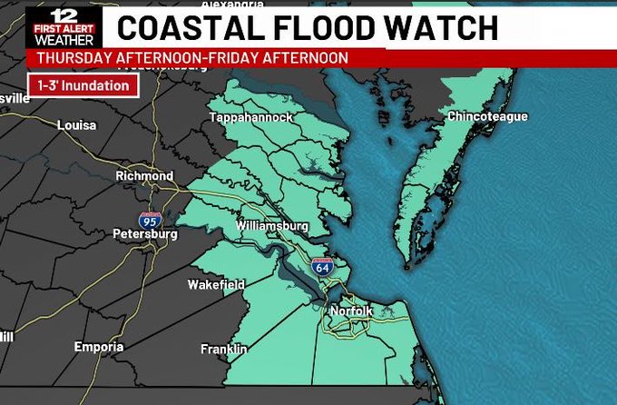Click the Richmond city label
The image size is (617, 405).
pos(144,175)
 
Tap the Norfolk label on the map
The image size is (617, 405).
pos(351,311)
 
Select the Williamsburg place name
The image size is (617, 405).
pos(272,225)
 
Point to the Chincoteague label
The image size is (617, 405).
pos(487,116)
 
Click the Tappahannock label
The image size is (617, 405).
pos(251,118)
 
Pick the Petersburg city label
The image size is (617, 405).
pos(144,233)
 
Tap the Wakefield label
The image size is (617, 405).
pos(216,285)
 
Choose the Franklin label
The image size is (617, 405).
pos(224,349)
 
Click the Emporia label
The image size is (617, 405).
pos(99,347)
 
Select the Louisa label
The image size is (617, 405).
pos(76,124)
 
